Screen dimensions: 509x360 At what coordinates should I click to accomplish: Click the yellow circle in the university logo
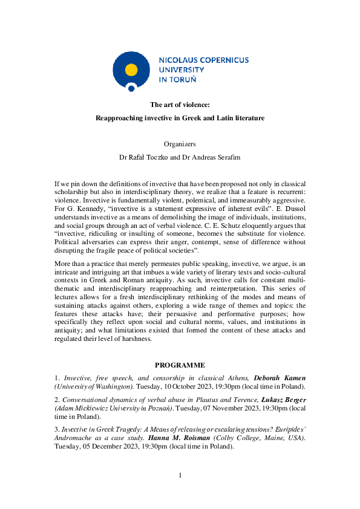(131, 69)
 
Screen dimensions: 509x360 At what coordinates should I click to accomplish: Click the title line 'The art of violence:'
(180, 105)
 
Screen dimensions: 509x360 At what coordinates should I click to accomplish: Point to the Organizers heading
(180, 144)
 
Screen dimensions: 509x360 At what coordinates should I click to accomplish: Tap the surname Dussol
(291, 209)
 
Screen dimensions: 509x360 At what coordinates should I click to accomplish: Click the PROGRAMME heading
(180, 365)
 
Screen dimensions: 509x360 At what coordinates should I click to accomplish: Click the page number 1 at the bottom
(180, 476)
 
